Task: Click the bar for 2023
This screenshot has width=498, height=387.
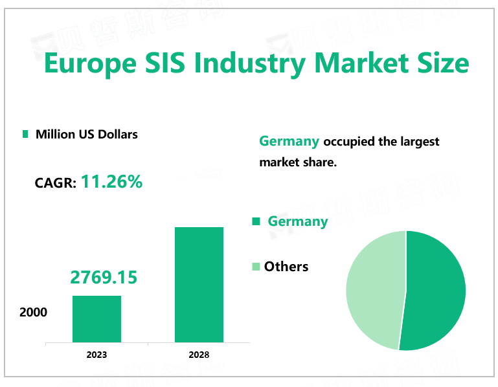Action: [96, 318]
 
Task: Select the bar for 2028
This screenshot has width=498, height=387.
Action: [199, 284]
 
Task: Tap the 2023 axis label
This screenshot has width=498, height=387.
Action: [96, 355]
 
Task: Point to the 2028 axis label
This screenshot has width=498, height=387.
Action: [199, 355]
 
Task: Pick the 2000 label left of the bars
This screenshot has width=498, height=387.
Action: [33, 312]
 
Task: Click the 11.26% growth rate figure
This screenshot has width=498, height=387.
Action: [111, 182]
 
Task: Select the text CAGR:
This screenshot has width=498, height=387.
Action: [55, 183]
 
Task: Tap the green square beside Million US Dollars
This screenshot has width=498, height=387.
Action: [25, 134]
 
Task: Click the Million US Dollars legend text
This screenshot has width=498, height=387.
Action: [87, 134]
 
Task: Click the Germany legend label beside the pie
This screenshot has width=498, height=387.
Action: [298, 221]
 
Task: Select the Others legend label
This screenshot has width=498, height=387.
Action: [286, 266]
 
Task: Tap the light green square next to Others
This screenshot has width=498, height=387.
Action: [256, 266]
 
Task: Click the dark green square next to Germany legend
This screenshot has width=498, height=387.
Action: [256, 221]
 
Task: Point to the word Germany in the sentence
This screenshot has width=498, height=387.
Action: [289, 141]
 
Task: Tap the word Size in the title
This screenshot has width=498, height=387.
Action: [440, 64]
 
